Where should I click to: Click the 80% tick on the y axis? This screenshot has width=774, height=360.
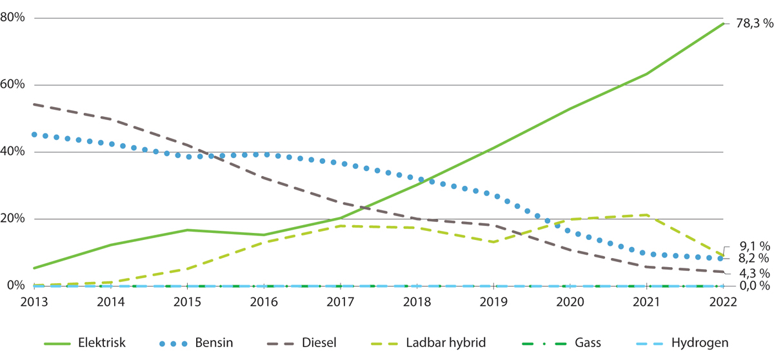[13, 17]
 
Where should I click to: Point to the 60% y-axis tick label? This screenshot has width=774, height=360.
[13, 85]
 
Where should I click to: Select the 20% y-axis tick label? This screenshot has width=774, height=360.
[13, 219]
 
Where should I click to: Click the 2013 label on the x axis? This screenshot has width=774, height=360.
[34, 302]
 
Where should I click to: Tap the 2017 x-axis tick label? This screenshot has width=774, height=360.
[340, 302]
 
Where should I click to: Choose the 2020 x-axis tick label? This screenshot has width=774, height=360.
[570, 302]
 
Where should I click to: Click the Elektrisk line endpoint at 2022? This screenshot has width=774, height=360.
[723, 24]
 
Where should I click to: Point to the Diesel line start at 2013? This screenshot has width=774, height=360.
[34, 104]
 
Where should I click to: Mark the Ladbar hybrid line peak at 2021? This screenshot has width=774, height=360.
[646, 215]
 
